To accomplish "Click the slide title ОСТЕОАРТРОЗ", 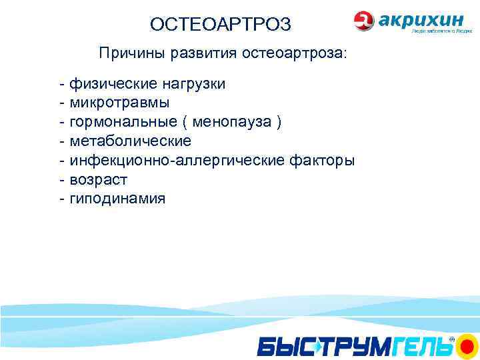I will (220, 25).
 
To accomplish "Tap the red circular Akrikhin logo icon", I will (365, 21).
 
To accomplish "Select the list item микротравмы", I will (119, 103).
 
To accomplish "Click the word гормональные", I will (123, 122).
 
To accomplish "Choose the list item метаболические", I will (130, 141).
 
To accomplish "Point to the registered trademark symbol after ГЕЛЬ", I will (451, 339).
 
